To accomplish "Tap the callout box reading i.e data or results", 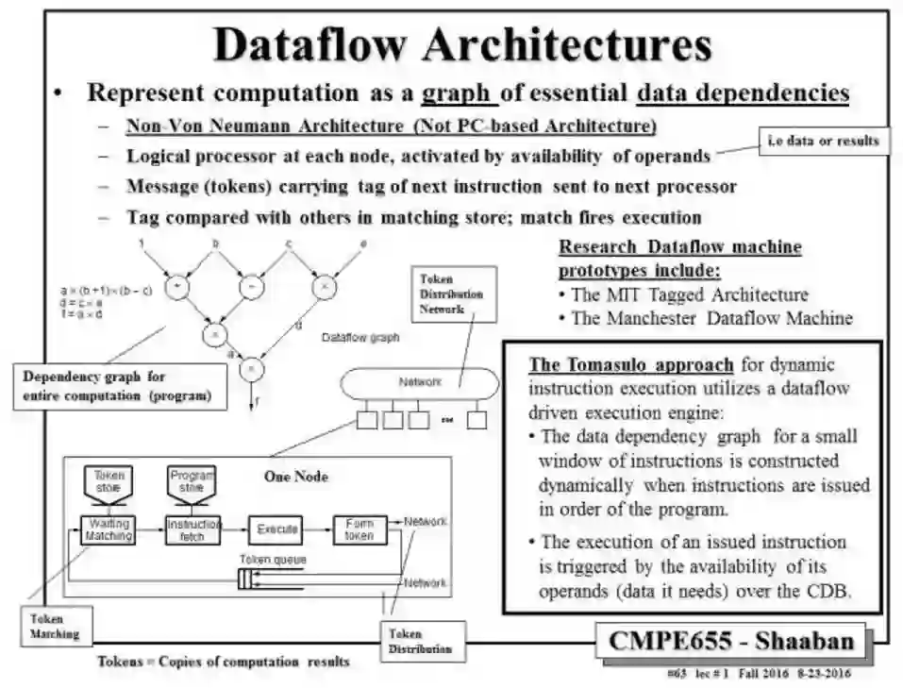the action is pyautogui.click(x=819, y=141).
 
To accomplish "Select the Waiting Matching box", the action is pyautogui.click(x=109, y=529).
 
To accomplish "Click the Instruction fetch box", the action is pyautogui.click(x=192, y=529).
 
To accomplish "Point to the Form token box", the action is pyautogui.click(x=359, y=529).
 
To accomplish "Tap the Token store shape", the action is pyautogui.click(x=109, y=482).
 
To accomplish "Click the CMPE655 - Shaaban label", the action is pyautogui.click(x=731, y=641).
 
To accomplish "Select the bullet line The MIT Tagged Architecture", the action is pyautogui.click(x=689, y=294).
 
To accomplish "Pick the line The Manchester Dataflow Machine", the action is pyautogui.click(x=711, y=317).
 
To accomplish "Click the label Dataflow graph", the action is pyautogui.click(x=360, y=336).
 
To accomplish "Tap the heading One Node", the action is pyautogui.click(x=296, y=477).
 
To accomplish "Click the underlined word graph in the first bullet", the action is pyautogui.click(x=458, y=93).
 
